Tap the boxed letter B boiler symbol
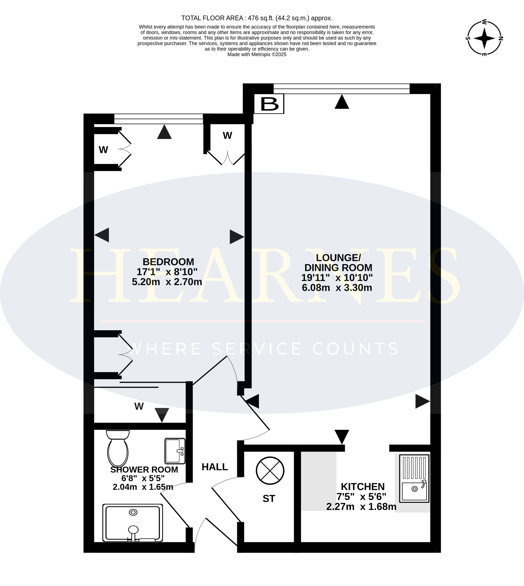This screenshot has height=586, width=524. [269, 104]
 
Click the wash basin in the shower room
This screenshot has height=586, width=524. [175, 451]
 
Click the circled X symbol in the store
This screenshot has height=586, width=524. [270, 471]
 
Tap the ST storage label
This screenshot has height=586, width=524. [269, 498]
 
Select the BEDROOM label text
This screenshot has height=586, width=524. [168, 262]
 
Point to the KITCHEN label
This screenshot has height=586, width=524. [363, 487]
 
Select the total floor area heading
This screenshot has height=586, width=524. [257, 18]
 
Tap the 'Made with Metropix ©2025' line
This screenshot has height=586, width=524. [257, 54]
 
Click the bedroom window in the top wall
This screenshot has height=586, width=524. [159, 119]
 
